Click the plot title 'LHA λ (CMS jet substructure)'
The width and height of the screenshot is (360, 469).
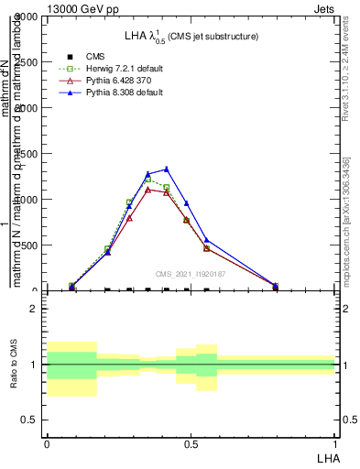[x=191, y=36]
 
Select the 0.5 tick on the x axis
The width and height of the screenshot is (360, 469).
[x=191, y=443]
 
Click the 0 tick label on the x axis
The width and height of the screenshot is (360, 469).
[x=47, y=443]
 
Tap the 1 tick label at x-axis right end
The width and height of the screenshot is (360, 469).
[x=334, y=443]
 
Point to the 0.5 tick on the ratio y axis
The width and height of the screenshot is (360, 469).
[x=29, y=420]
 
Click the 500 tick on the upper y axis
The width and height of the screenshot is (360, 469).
[x=28, y=245]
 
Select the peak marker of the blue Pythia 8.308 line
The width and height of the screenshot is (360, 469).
[x=166, y=169]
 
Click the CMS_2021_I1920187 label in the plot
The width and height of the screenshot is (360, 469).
[x=191, y=274]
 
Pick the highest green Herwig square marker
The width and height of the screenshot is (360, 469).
[x=147, y=180]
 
